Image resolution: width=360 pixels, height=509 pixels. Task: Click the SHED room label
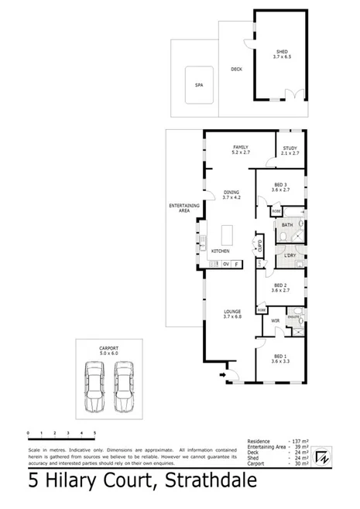[x=282, y=52]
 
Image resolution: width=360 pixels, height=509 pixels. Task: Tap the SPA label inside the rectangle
[x=198, y=86]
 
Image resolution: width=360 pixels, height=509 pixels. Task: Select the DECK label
[x=236, y=70]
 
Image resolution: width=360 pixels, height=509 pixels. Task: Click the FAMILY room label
[x=239, y=147]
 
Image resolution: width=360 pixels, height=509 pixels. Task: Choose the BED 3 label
[x=281, y=185]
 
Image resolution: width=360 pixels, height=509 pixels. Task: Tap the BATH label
[x=286, y=225]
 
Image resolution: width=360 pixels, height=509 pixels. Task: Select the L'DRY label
[x=291, y=255]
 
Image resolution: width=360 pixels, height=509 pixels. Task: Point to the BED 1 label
[x=280, y=358]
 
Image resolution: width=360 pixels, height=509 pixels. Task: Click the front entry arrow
[x=227, y=377]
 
